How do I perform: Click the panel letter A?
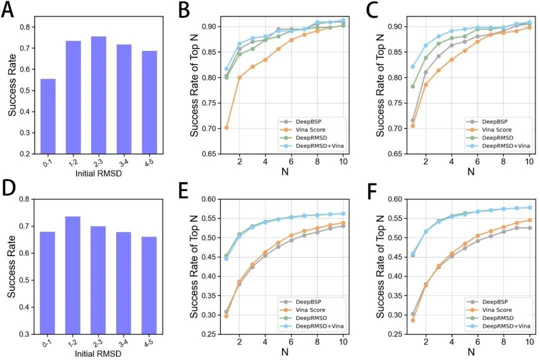click(x=7, y=10)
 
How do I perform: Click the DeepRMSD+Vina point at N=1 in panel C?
click(x=412, y=66)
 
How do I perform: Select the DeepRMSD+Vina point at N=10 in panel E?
click(x=343, y=213)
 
